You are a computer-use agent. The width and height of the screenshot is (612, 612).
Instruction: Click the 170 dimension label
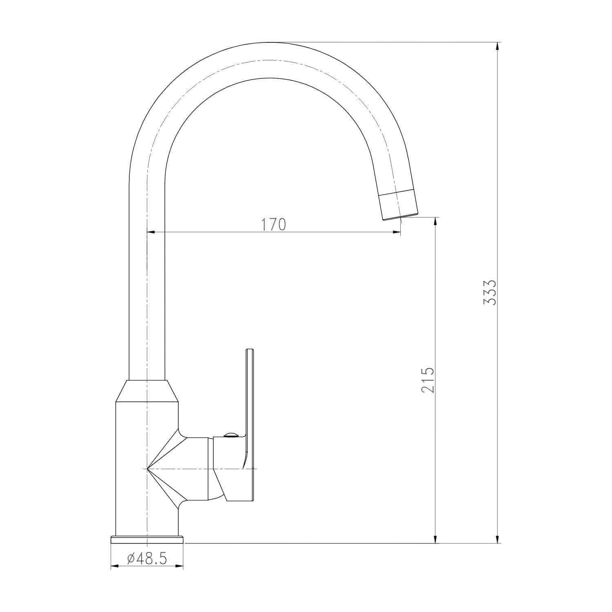pos(274,224)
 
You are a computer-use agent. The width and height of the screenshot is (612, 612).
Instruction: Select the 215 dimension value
pos(428,380)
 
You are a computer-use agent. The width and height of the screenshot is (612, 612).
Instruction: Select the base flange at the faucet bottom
pos(147,539)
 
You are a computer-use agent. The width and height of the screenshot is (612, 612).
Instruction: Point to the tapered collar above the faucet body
pos(147,391)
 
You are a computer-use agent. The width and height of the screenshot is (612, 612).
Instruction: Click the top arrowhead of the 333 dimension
pos(497,46)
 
